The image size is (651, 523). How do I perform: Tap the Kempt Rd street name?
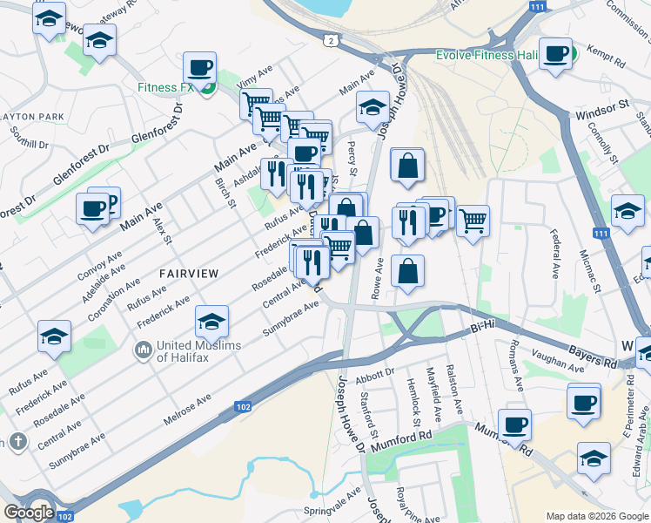[x=607, y=58]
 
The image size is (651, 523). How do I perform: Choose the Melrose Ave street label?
[x=187, y=411]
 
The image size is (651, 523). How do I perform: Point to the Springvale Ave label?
[x=332, y=501]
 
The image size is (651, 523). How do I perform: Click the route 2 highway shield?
[x=330, y=40]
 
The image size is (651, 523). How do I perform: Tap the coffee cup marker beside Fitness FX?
[x=199, y=67]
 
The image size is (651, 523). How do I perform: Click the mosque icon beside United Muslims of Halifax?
[x=143, y=351]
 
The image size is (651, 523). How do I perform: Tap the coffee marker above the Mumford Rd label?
[x=515, y=425]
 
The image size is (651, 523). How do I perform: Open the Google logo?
[x=29, y=513]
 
